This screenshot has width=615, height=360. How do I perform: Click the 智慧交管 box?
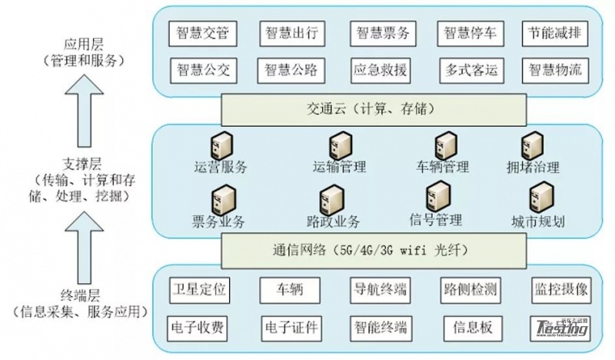[203, 35]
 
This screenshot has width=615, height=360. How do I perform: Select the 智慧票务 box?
[383, 35]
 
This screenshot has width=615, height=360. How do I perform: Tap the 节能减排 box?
[555, 35]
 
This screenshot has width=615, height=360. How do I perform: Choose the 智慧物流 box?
[555, 72]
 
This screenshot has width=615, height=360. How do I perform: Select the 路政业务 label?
[333, 222]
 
